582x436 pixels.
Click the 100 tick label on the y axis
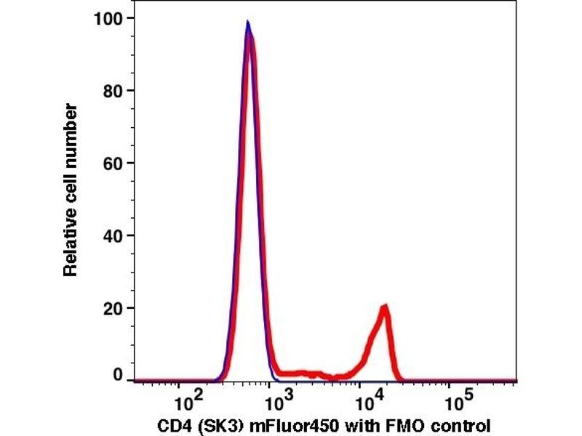click(108, 18)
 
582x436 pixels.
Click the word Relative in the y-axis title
click(71, 243)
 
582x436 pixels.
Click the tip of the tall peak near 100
click(248, 23)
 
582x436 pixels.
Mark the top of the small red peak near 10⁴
click(384, 306)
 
